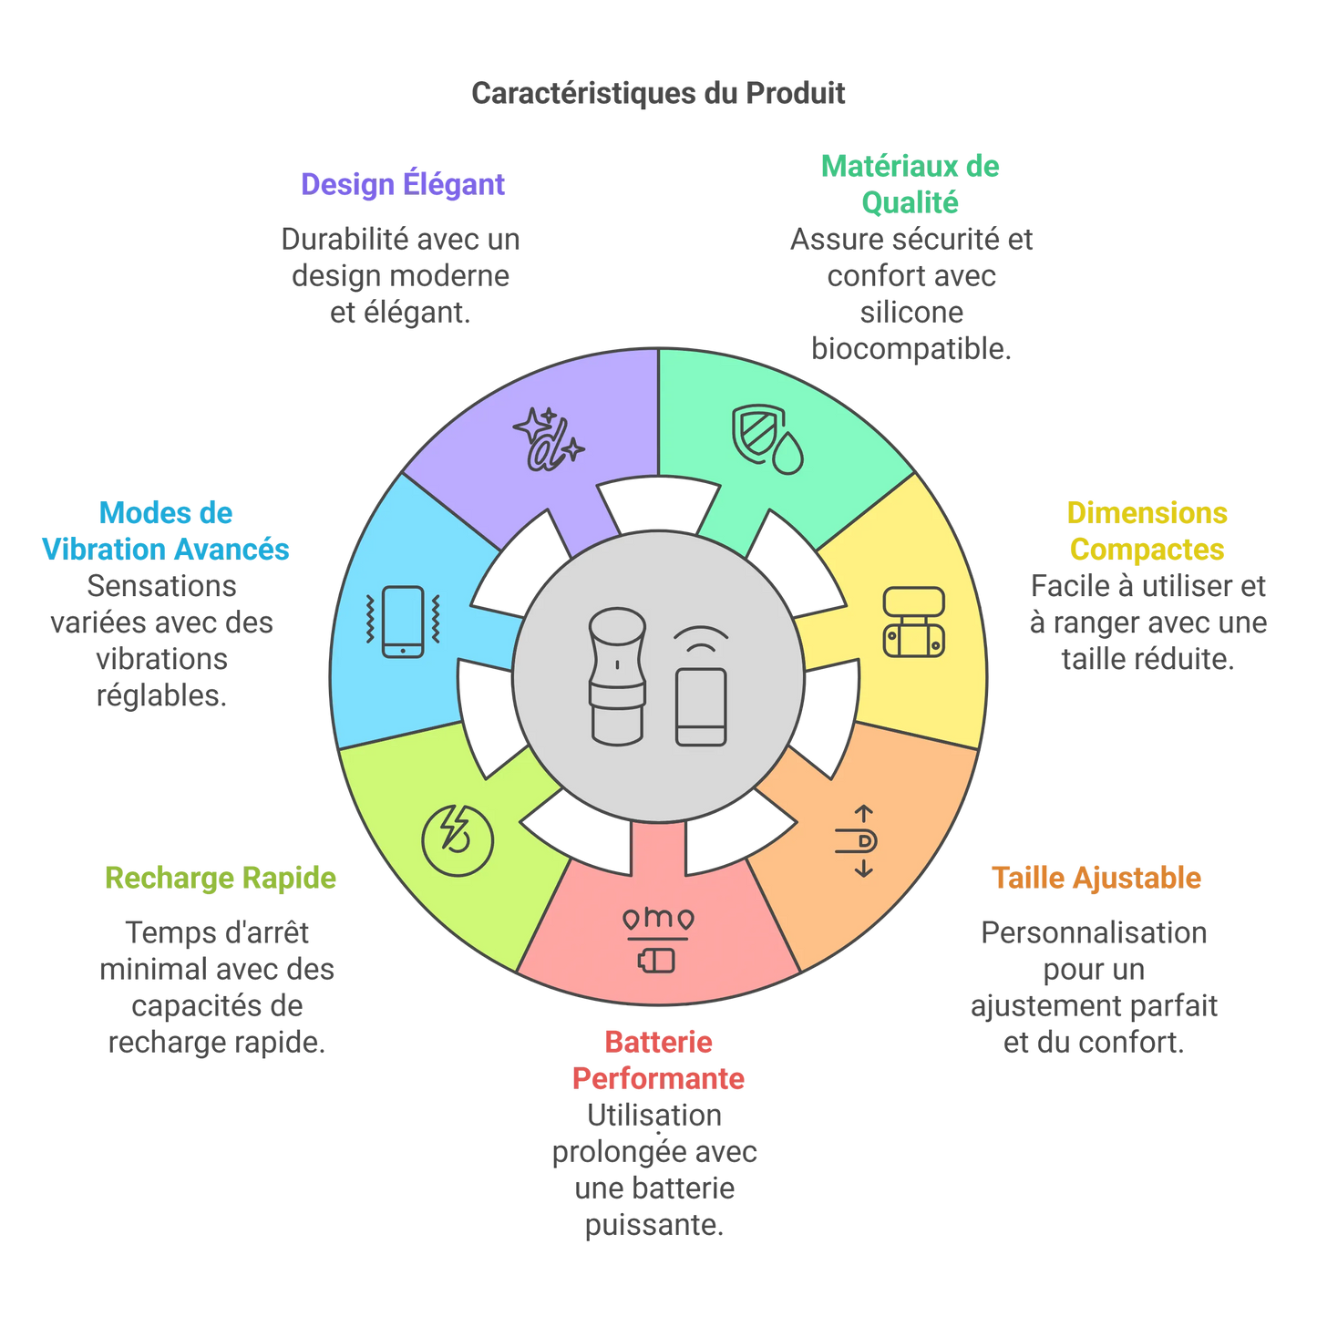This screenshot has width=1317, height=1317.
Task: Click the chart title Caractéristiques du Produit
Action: click(658, 93)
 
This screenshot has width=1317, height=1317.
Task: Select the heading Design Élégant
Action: click(402, 184)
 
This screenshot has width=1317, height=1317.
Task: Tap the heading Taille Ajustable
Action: click(1096, 878)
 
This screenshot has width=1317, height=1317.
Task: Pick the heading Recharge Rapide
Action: click(221, 878)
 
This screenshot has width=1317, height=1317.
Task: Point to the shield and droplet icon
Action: click(768, 438)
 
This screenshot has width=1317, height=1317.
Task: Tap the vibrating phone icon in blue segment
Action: click(403, 622)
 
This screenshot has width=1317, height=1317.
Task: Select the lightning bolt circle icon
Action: click(458, 839)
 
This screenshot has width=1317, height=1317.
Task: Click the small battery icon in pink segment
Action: click(657, 960)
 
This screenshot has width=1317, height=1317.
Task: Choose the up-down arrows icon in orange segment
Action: click(859, 840)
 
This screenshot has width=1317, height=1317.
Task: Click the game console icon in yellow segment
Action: click(913, 622)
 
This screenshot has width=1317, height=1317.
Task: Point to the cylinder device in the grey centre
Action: click(617, 676)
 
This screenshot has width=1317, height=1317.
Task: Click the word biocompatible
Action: click(911, 349)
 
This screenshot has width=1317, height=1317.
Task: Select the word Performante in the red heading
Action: click(658, 1078)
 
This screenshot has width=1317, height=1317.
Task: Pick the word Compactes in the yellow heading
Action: click(1147, 549)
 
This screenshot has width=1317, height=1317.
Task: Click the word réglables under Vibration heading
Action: click(161, 695)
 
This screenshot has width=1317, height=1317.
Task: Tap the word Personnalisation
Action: click(1094, 932)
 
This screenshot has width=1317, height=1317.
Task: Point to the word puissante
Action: click(653, 1225)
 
